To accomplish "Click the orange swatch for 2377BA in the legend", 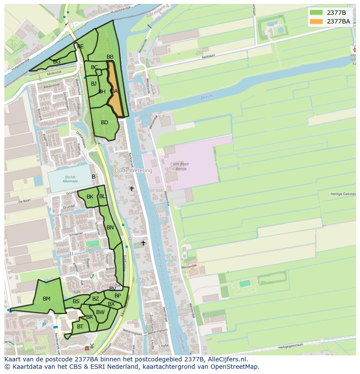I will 316,21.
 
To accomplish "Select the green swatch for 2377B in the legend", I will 316,13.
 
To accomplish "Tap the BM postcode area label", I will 47,299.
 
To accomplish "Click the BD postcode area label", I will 104,122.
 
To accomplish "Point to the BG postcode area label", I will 57,62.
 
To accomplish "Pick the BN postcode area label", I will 110,228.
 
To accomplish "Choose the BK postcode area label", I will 90,197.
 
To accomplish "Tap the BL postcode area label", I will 102,196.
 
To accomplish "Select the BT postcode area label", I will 80,327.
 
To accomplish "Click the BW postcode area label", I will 100,312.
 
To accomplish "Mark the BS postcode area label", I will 76,301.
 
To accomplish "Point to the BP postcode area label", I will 117,296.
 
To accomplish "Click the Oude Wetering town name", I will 133,171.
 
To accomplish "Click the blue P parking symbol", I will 44,325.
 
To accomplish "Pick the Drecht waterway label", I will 207,98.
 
